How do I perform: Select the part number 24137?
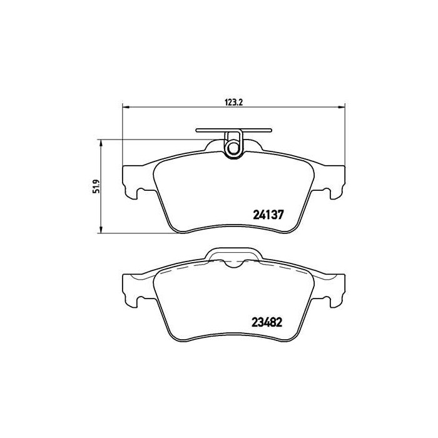click(268, 213)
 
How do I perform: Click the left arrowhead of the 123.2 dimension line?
click(125, 106)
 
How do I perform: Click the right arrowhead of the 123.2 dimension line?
click(340, 106)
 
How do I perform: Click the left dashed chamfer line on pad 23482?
click(181, 267)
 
